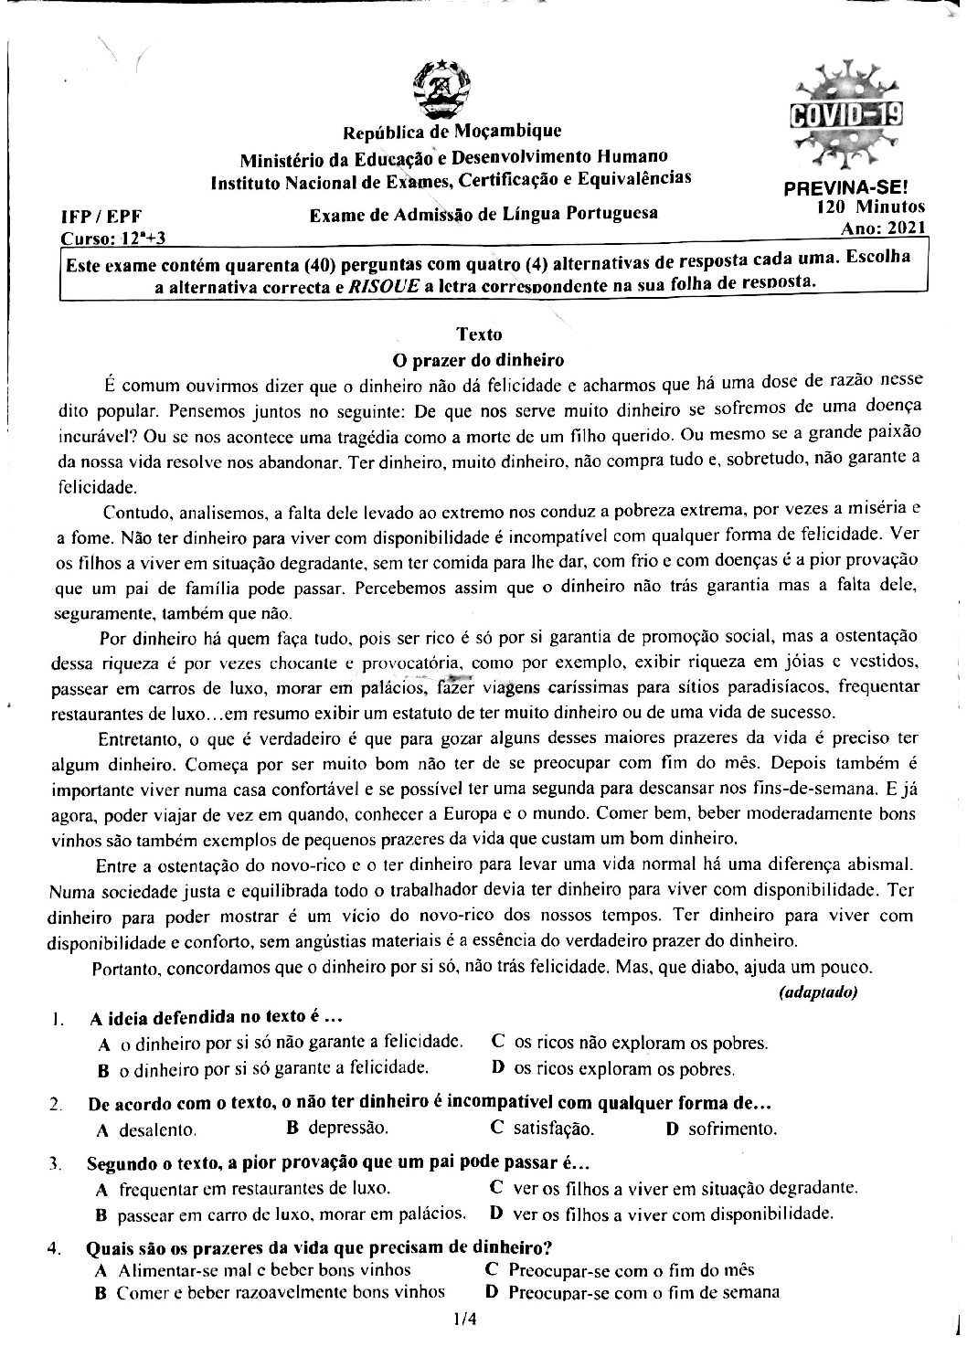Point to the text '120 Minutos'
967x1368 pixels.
tap(871, 207)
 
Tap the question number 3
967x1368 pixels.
tap(57, 1164)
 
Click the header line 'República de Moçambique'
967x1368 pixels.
tap(452, 133)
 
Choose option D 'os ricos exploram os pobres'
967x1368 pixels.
tap(613, 1067)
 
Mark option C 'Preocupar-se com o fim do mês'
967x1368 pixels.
tap(620, 1269)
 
